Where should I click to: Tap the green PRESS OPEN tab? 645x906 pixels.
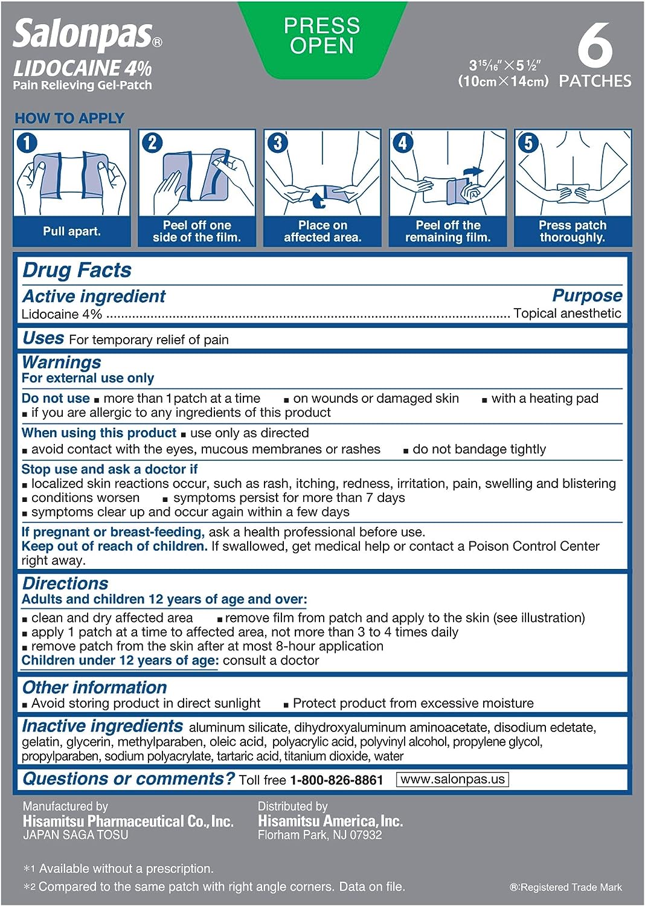pyautogui.click(x=322, y=36)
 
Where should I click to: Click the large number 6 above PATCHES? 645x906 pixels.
pyautogui.click(x=595, y=46)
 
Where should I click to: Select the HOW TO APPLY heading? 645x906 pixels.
pyautogui.click(x=69, y=118)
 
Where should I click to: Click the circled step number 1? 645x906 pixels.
pyautogui.click(x=27, y=143)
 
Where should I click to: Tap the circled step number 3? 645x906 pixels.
pyautogui.click(x=277, y=143)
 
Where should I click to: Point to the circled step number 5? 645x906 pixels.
pyautogui.click(x=528, y=143)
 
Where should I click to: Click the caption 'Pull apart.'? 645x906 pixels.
pyautogui.click(x=72, y=231)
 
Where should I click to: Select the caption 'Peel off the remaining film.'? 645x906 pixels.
pyautogui.click(x=448, y=231)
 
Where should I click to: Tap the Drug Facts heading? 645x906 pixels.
pyautogui.click(x=77, y=270)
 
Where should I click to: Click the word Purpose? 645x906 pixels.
pyautogui.click(x=587, y=295)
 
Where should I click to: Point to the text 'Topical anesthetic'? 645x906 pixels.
pyautogui.click(x=567, y=313)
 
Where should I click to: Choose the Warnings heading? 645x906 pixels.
pyautogui.click(x=62, y=362)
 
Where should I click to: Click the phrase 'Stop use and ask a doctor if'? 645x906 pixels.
pyautogui.click(x=109, y=469)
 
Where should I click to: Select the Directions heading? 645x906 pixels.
pyautogui.click(x=65, y=583)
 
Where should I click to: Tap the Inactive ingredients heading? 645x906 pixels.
pyautogui.click(x=102, y=726)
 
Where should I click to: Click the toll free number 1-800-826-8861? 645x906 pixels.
pyautogui.click(x=336, y=780)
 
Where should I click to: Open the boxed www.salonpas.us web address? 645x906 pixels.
pyautogui.click(x=452, y=779)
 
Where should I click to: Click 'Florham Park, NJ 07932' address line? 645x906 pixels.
pyautogui.click(x=319, y=835)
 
